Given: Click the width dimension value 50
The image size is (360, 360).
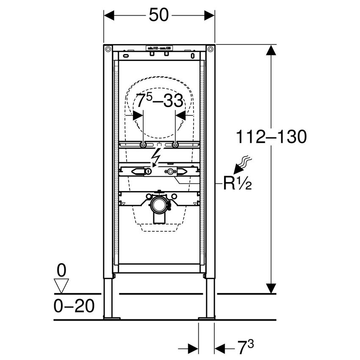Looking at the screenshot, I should point(159,16).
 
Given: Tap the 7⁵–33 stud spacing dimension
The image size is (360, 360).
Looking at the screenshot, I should point(160,102).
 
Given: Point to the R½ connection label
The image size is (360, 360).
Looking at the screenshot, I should point(238,184).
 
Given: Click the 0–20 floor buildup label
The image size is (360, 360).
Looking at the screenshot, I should point(73,306).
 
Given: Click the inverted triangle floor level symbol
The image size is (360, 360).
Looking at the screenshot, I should point(62,286).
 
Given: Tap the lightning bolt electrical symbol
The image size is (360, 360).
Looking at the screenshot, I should point(156,160).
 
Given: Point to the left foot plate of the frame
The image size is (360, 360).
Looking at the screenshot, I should point(112,317).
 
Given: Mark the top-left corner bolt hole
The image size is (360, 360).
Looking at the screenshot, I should point(109,49).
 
